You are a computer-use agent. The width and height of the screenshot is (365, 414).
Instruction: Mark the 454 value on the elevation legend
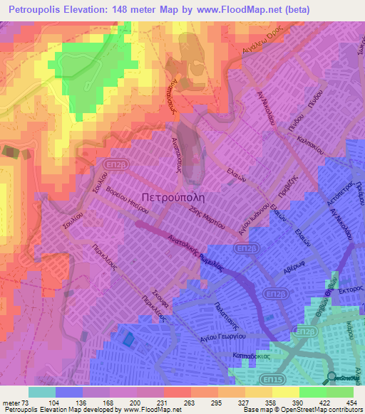[x=350, y=403]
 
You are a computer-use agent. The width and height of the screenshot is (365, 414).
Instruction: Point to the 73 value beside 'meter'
[x=27, y=403]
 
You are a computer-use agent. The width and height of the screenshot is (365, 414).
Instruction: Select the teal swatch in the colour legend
[x=41, y=392]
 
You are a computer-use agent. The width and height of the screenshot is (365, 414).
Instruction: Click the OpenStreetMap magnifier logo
[x=331, y=378]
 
